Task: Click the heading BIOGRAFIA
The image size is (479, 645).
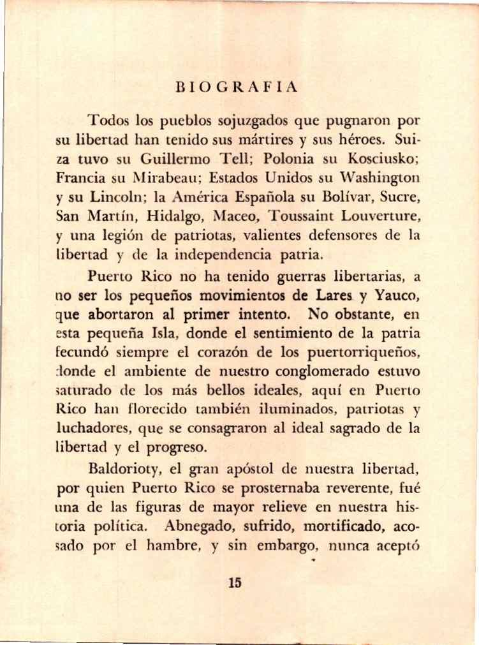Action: [x=236, y=88]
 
